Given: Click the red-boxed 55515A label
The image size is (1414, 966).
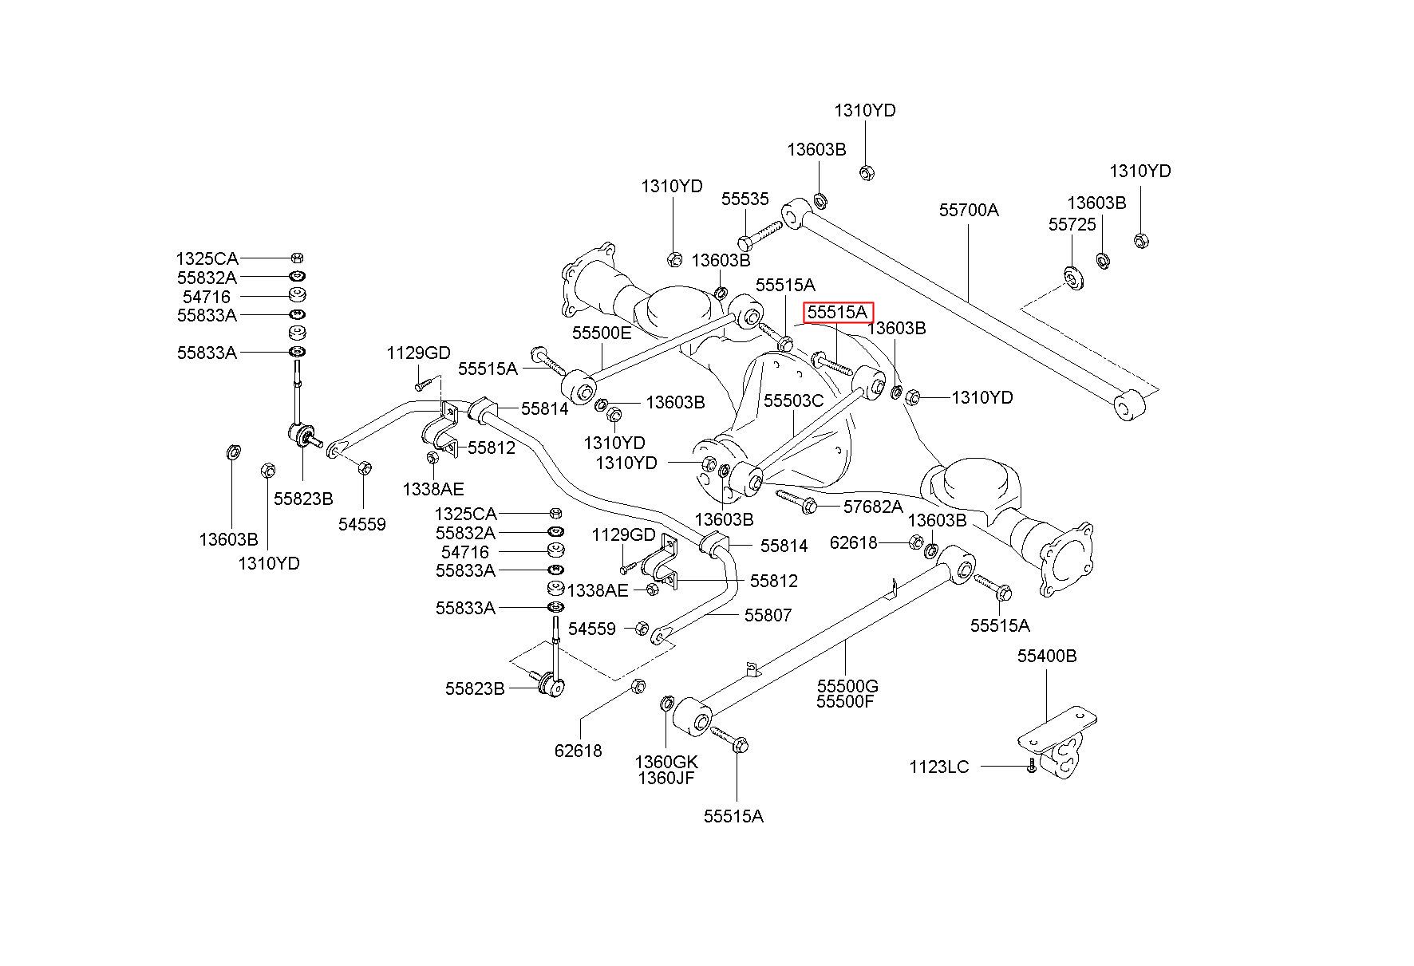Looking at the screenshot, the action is pos(838,313).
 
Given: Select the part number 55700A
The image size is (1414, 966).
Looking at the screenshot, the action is pos(969,210).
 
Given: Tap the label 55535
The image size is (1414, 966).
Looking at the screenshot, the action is pos(745,199).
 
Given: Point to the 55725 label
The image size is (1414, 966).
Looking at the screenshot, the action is pos(1072,226).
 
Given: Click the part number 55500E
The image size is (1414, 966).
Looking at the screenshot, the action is pos(602,333).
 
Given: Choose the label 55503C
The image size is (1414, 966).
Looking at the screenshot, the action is pos(793,400).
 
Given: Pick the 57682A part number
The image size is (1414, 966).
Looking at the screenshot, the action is pos(874,507).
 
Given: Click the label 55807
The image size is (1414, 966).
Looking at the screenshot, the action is pos(768,615).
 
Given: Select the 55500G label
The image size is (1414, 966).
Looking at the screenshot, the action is pos(847,686).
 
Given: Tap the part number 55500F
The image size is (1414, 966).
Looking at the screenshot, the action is pos(845,702).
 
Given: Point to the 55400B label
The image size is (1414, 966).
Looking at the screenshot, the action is pos(1047,656).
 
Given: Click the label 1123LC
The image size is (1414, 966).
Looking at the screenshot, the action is pos(939,767).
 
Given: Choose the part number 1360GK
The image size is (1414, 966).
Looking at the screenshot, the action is pos(666,761).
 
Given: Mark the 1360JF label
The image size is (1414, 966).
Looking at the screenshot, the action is pos(666,777).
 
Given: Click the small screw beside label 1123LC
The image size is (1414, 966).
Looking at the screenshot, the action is pos(1031,767).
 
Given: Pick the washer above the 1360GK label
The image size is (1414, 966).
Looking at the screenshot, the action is pos(667,704).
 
